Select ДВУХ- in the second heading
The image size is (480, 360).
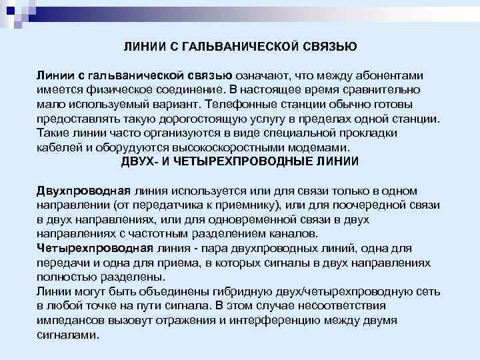tap(140, 161)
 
